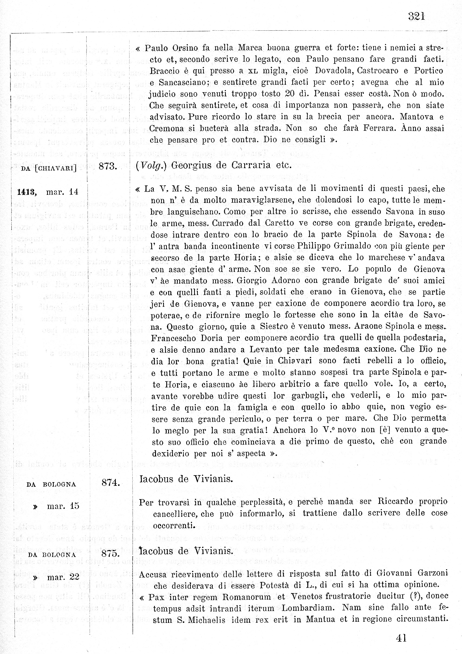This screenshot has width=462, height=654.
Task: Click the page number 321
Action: pos(416,17)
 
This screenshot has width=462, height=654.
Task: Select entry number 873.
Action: pos(108,166)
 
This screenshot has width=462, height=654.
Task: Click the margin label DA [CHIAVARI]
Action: pos(49,168)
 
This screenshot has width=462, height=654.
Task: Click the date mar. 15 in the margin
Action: pos(63,506)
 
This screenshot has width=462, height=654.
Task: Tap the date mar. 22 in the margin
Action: pos(63,577)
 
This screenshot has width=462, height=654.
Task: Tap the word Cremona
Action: pos(166,128)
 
